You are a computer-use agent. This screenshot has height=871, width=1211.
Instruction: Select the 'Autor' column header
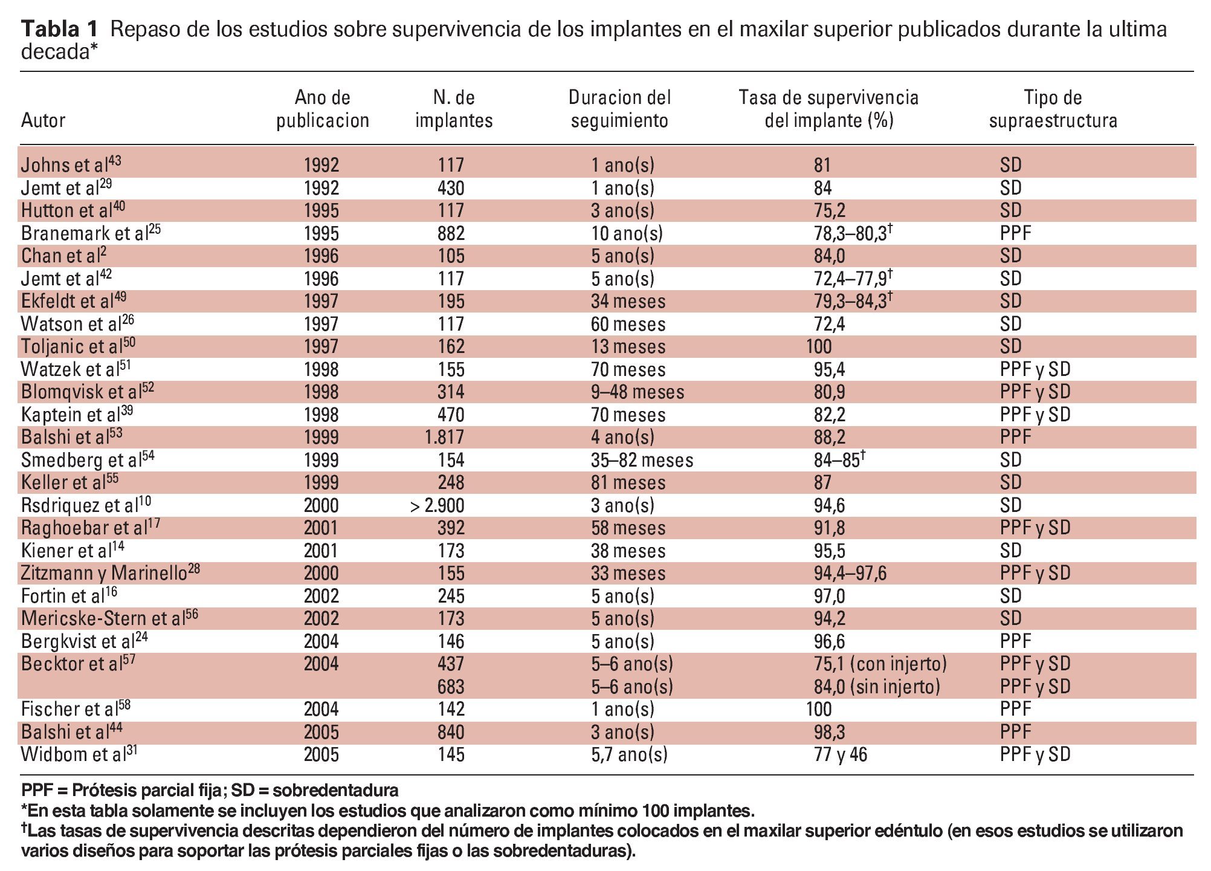click(x=43, y=120)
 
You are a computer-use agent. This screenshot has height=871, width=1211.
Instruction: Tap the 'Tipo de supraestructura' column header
click(x=1053, y=109)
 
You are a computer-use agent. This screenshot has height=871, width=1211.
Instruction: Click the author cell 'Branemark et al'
click(x=91, y=233)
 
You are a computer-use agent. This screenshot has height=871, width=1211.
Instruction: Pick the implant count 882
click(x=451, y=233)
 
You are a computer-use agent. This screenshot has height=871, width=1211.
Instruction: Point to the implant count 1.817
click(x=444, y=437)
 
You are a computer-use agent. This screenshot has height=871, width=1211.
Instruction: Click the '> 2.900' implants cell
click(x=437, y=505)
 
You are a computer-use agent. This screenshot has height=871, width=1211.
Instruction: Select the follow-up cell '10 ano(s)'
click(x=627, y=233)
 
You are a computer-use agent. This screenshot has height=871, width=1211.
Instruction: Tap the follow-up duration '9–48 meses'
click(x=638, y=392)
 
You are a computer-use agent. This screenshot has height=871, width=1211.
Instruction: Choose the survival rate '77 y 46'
click(x=840, y=754)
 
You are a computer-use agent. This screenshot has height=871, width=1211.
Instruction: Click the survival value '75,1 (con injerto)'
click(x=880, y=664)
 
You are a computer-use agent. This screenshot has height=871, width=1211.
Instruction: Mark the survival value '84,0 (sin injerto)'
click(x=877, y=687)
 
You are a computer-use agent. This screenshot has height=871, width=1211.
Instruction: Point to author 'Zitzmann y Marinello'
click(x=110, y=573)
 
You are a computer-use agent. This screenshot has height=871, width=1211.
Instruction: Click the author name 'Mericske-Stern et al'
click(x=109, y=618)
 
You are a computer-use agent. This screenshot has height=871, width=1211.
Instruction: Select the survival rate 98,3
click(x=829, y=732)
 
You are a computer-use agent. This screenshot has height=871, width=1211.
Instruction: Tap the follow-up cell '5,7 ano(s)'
click(x=629, y=754)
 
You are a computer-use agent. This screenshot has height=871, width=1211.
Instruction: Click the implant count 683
click(x=451, y=687)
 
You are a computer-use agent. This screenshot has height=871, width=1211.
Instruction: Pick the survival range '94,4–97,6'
click(x=850, y=573)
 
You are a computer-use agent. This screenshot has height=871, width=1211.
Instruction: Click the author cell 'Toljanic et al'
click(x=78, y=346)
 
